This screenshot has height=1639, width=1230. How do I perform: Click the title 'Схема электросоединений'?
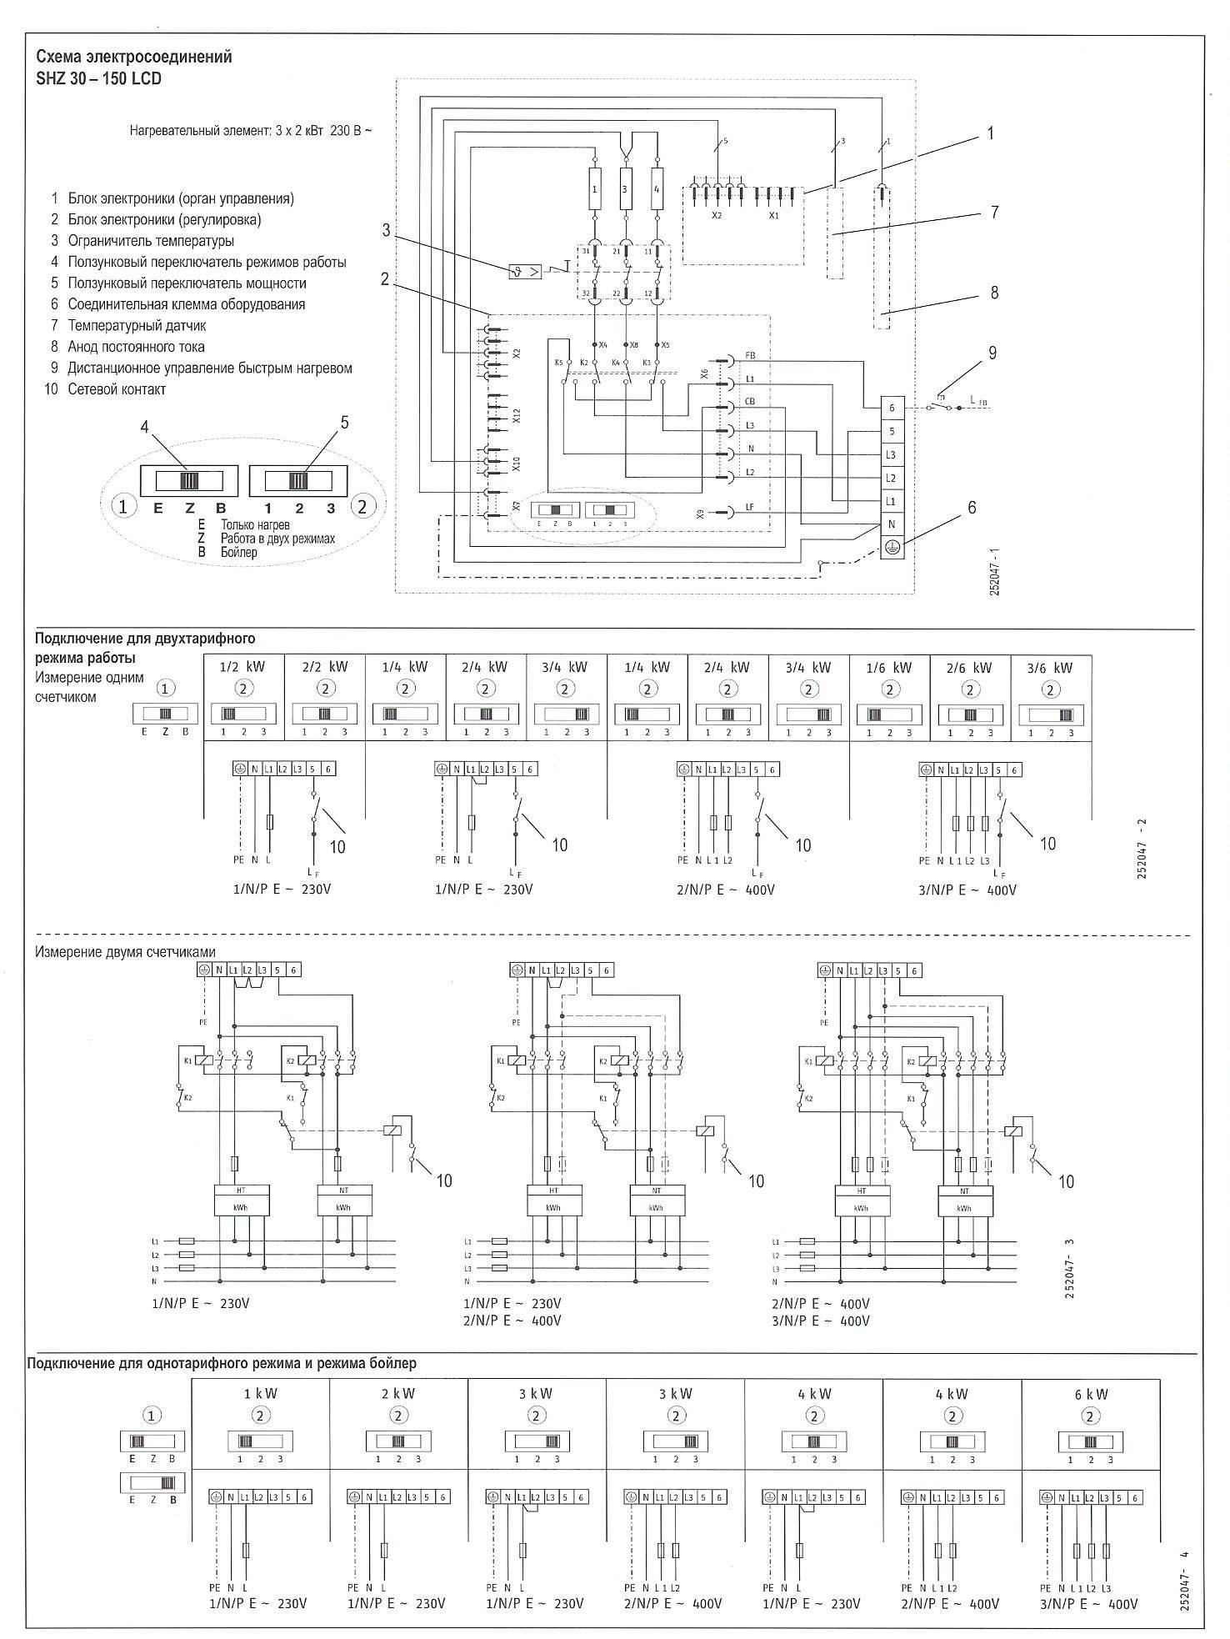click(x=134, y=58)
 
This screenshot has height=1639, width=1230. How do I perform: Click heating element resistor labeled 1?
click(x=594, y=190)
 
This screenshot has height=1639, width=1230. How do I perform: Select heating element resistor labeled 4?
click(x=657, y=190)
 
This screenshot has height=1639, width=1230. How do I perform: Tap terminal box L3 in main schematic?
click(x=892, y=455)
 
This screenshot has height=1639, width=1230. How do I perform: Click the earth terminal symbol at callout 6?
click(x=892, y=547)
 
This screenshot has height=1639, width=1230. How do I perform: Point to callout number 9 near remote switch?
click(x=992, y=353)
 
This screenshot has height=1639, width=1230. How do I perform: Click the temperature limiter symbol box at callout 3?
click(x=525, y=271)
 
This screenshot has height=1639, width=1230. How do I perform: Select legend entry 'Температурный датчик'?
click(x=137, y=326)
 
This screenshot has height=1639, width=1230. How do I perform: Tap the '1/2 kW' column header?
click(x=243, y=667)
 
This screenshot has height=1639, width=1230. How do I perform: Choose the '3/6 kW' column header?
click(x=1052, y=667)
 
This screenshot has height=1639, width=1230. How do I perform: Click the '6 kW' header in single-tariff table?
click(x=1090, y=1393)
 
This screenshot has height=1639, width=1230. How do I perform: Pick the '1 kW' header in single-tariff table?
click(x=260, y=1393)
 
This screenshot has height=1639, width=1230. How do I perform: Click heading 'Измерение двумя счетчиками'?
click(x=125, y=952)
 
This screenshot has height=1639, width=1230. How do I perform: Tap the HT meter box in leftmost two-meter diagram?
click(x=239, y=1199)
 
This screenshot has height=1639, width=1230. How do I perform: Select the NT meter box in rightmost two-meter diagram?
click(x=963, y=1199)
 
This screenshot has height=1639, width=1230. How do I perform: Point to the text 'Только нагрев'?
click(x=255, y=525)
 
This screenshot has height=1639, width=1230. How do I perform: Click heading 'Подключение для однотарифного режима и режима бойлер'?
click(x=222, y=1364)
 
